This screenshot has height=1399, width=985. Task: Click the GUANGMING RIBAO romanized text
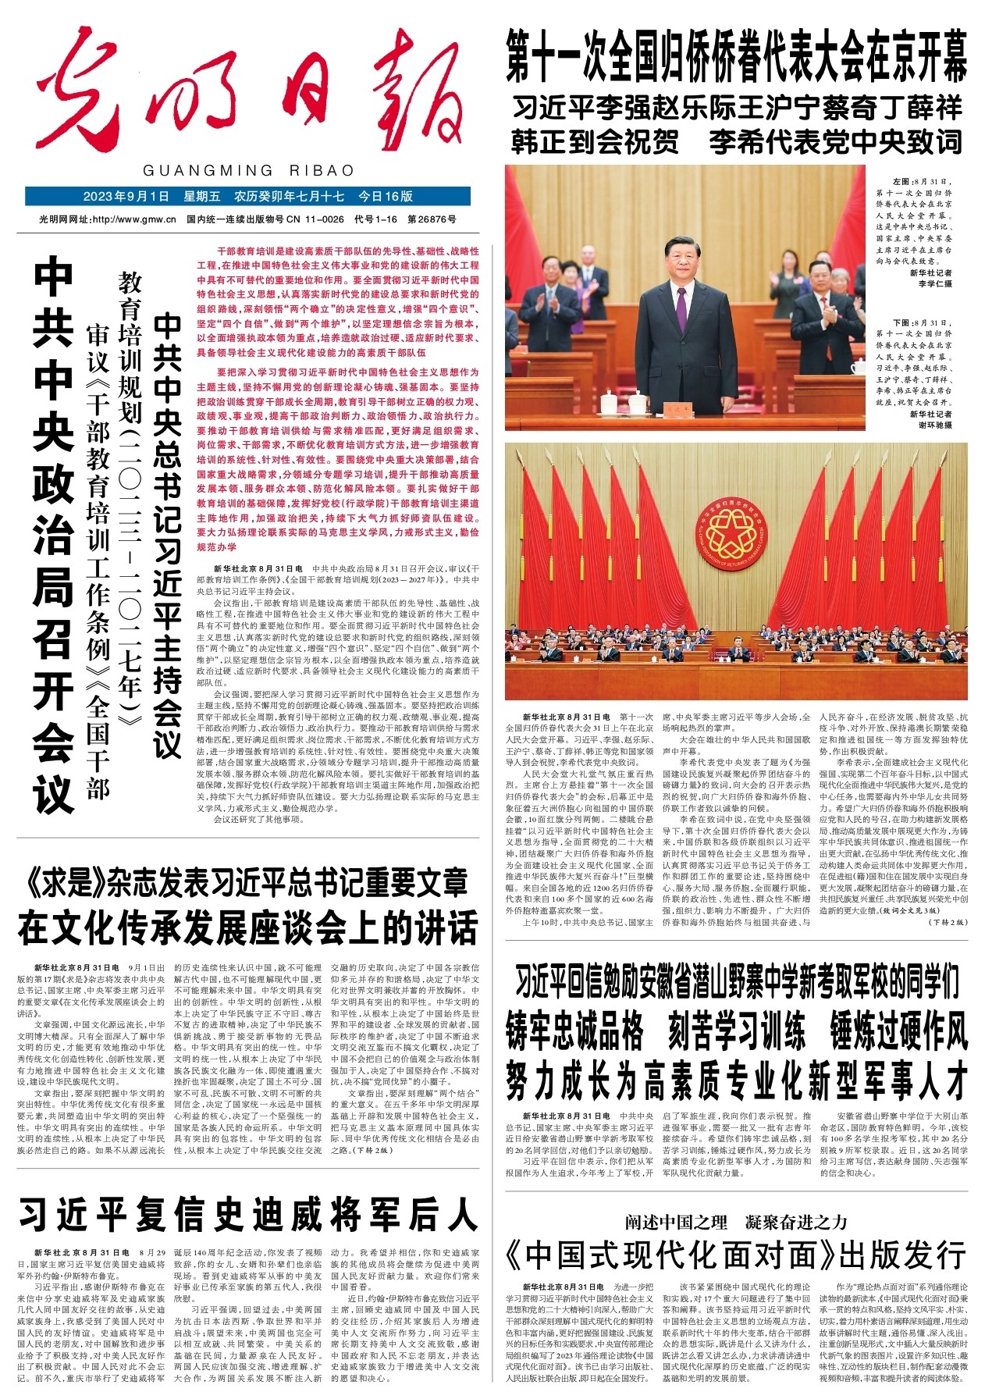click(x=248, y=170)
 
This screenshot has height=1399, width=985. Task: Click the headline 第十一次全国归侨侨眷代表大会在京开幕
click(x=735, y=56)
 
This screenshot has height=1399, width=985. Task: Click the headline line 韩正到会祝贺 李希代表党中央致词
click(x=735, y=142)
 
